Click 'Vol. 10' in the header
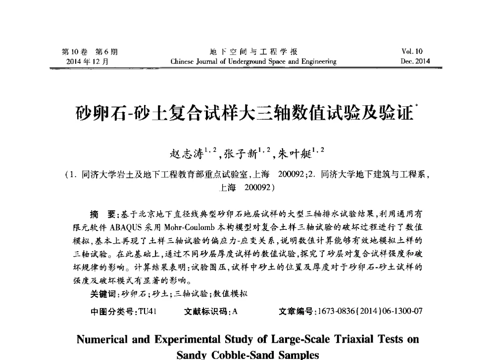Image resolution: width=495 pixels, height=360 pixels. point(416,52)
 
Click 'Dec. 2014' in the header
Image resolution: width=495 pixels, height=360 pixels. point(416,62)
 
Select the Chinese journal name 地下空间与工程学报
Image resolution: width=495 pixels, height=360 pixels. point(253,52)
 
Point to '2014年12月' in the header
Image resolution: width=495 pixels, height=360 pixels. point(87,62)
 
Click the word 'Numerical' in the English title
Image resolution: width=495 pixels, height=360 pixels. point(102,340)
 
